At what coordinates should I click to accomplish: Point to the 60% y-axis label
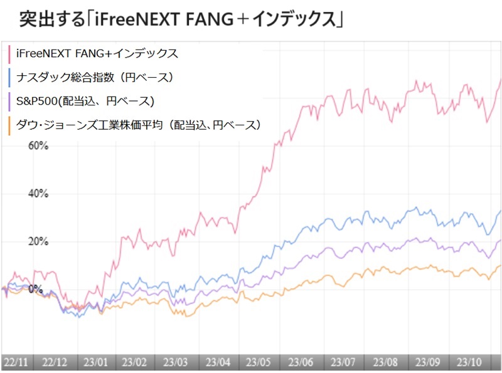[x=38, y=146]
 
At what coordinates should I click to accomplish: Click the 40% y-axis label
[x=38, y=194]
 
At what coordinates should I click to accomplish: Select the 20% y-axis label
[x=38, y=242]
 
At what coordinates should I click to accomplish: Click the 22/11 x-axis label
[x=14, y=362]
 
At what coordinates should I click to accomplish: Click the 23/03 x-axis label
[x=176, y=362]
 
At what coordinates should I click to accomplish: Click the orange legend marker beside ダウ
[x=9, y=125]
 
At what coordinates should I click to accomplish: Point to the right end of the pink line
[x=500, y=81]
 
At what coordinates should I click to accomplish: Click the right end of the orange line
[x=500, y=265]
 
